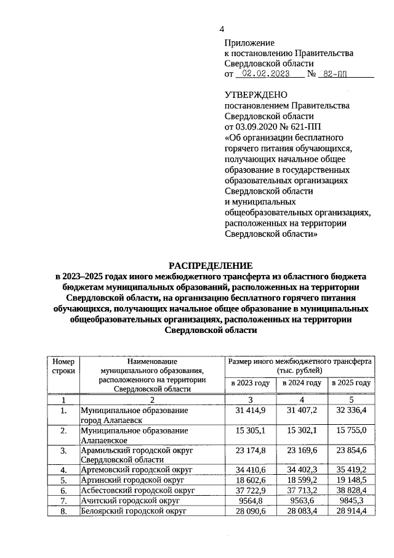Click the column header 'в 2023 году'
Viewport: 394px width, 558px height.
(x=251, y=383)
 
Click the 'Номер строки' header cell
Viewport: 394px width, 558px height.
(x=63, y=366)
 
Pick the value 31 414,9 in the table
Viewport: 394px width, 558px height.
(x=251, y=410)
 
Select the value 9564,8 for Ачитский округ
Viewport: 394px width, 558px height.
(x=251, y=500)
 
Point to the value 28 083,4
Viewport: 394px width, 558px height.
(x=301, y=511)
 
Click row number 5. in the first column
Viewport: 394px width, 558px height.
(x=63, y=480)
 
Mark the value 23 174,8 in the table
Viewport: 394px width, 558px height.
(x=251, y=450)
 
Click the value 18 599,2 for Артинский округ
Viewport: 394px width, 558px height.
(x=301, y=480)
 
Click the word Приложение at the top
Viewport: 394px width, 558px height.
(x=249, y=43)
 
